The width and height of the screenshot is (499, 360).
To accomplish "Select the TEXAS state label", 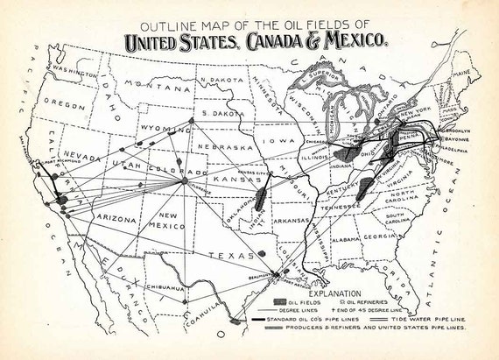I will (x=231, y=255).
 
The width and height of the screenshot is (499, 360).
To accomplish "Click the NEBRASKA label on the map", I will (x=220, y=146).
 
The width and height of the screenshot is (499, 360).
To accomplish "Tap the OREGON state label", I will (x=65, y=103).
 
